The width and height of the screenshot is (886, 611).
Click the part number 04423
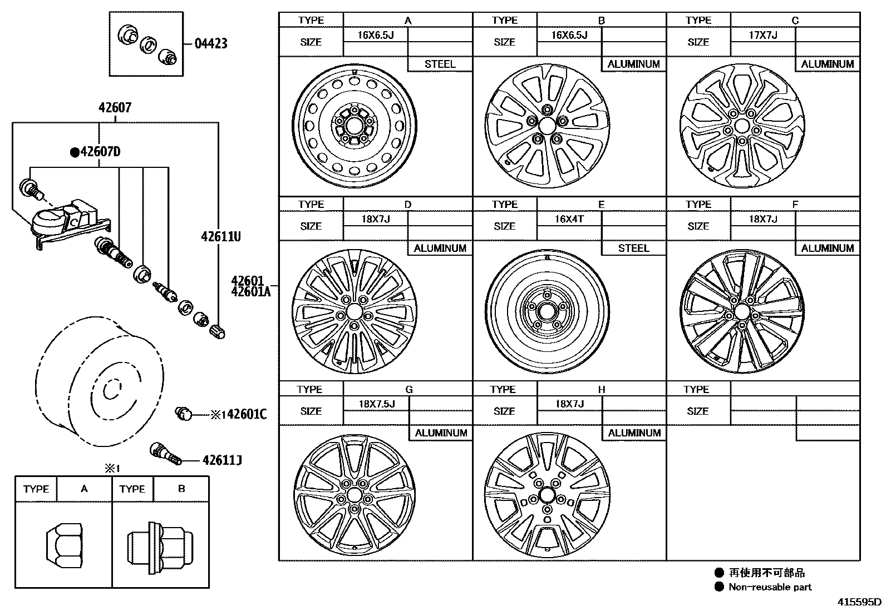point(211,43)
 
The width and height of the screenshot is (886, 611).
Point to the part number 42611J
point(222,460)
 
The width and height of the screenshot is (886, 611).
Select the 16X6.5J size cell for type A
point(375,34)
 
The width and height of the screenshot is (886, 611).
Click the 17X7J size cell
point(762,34)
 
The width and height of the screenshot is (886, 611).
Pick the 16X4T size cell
point(569,219)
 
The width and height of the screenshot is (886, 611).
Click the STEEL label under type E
point(633,248)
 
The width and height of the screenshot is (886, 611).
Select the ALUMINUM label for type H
point(634,433)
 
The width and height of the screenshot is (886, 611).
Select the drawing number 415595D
point(860,602)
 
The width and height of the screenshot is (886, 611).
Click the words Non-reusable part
point(770,587)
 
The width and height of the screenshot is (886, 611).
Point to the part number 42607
point(115,107)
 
